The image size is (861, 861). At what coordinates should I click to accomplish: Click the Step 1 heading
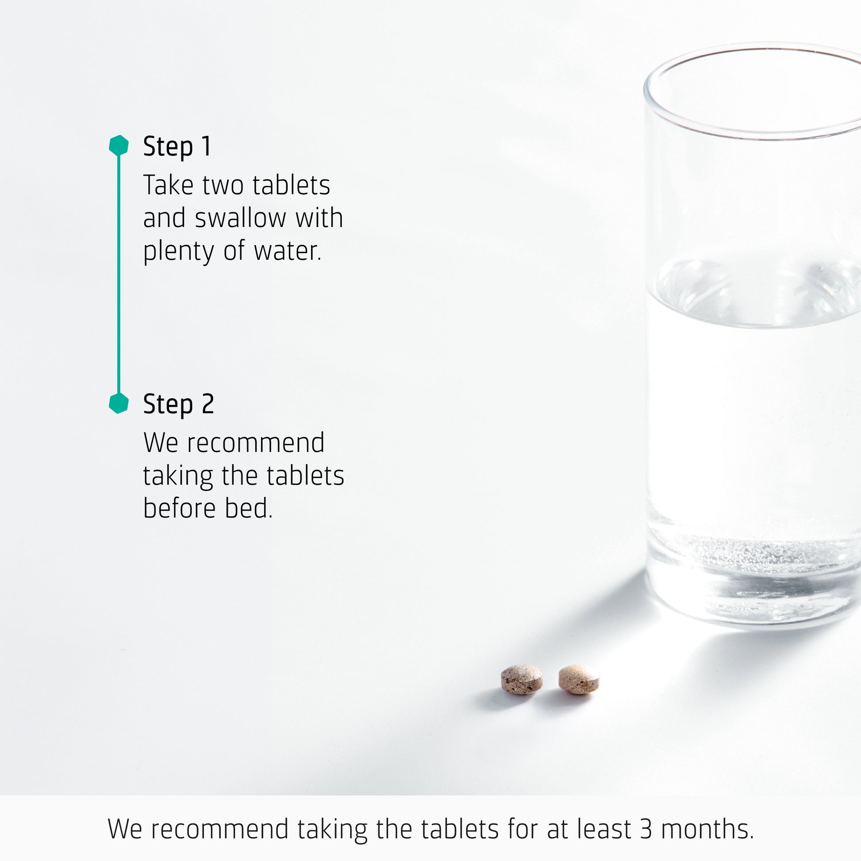click(x=177, y=146)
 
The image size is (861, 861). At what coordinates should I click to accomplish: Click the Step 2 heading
click(x=178, y=404)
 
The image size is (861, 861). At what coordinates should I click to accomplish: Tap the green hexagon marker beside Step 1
click(x=119, y=145)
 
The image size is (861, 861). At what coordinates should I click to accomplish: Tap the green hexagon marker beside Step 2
click(x=119, y=404)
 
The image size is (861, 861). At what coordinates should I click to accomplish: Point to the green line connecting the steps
click(x=119, y=274)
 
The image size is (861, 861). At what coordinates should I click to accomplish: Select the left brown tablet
click(x=521, y=680)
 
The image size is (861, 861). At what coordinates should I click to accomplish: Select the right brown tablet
click(x=578, y=679)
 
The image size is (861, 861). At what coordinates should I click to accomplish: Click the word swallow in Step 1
click(x=240, y=218)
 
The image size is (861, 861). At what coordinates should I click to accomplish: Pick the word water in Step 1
click(x=288, y=251)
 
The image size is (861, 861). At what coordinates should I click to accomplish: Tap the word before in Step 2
click(x=179, y=508)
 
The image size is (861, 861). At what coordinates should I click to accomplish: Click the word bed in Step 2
click(x=249, y=508)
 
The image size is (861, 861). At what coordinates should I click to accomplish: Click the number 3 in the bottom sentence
click(x=646, y=829)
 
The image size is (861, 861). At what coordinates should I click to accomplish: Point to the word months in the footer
click(x=707, y=829)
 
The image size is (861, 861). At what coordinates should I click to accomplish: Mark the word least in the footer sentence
click(x=603, y=829)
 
